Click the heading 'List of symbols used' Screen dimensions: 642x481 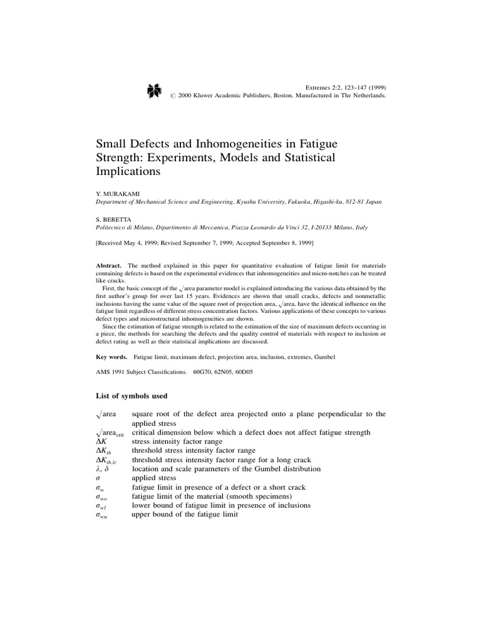(x=131, y=396)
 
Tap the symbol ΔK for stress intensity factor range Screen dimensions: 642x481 (x=101, y=441)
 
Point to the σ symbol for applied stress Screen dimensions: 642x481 (x=98, y=478)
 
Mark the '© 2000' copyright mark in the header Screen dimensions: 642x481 (x=182, y=97)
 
